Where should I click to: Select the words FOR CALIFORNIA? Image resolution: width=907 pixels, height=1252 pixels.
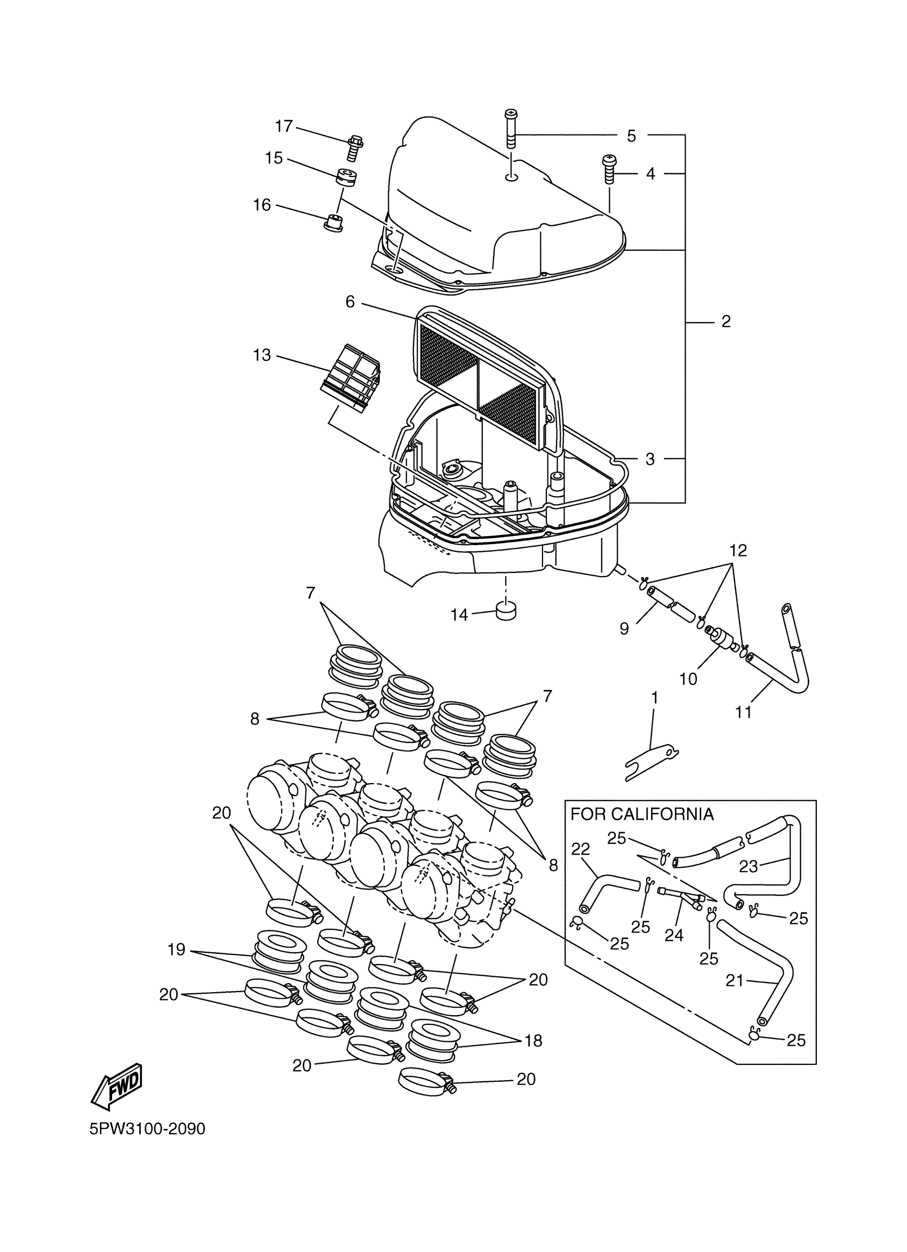click(642, 814)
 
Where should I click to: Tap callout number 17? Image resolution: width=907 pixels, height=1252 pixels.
click(284, 126)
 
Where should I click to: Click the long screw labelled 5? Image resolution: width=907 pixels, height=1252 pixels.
click(511, 129)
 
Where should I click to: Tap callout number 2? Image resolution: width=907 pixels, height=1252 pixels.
click(726, 321)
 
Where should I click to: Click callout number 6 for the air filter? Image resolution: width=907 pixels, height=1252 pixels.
click(350, 302)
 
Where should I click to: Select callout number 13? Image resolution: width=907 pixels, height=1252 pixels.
click(262, 355)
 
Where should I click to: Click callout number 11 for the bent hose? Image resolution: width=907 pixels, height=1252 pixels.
click(744, 712)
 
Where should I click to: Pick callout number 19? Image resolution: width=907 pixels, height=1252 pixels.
click(177, 950)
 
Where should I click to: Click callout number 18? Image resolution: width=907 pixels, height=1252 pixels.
click(534, 1041)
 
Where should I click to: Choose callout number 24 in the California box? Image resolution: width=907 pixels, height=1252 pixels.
click(674, 935)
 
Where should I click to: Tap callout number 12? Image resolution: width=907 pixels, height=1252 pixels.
click(738, 551)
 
